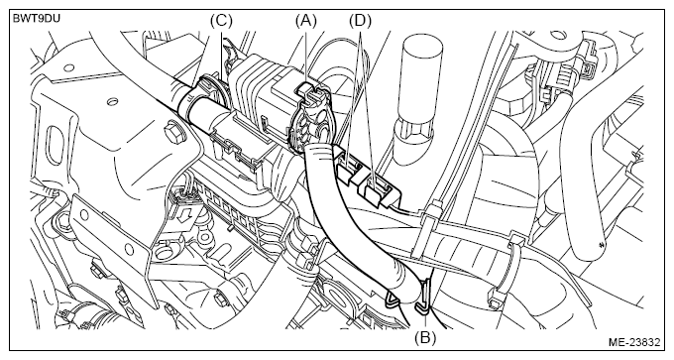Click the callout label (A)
(x=305, y=20)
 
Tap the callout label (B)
(x=425, y=338)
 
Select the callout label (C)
(x=221, y=20)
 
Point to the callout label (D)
(x=360, y=20)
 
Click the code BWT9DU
(x=37, y=19)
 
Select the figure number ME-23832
(x=634, y=342)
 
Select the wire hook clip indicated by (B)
(x=424, y=296)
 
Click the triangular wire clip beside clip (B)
(x=395, y=299)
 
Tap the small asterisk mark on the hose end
(x=601, y=245)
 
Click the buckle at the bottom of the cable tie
(x=495, y=299)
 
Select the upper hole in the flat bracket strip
(x=84, y=215)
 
